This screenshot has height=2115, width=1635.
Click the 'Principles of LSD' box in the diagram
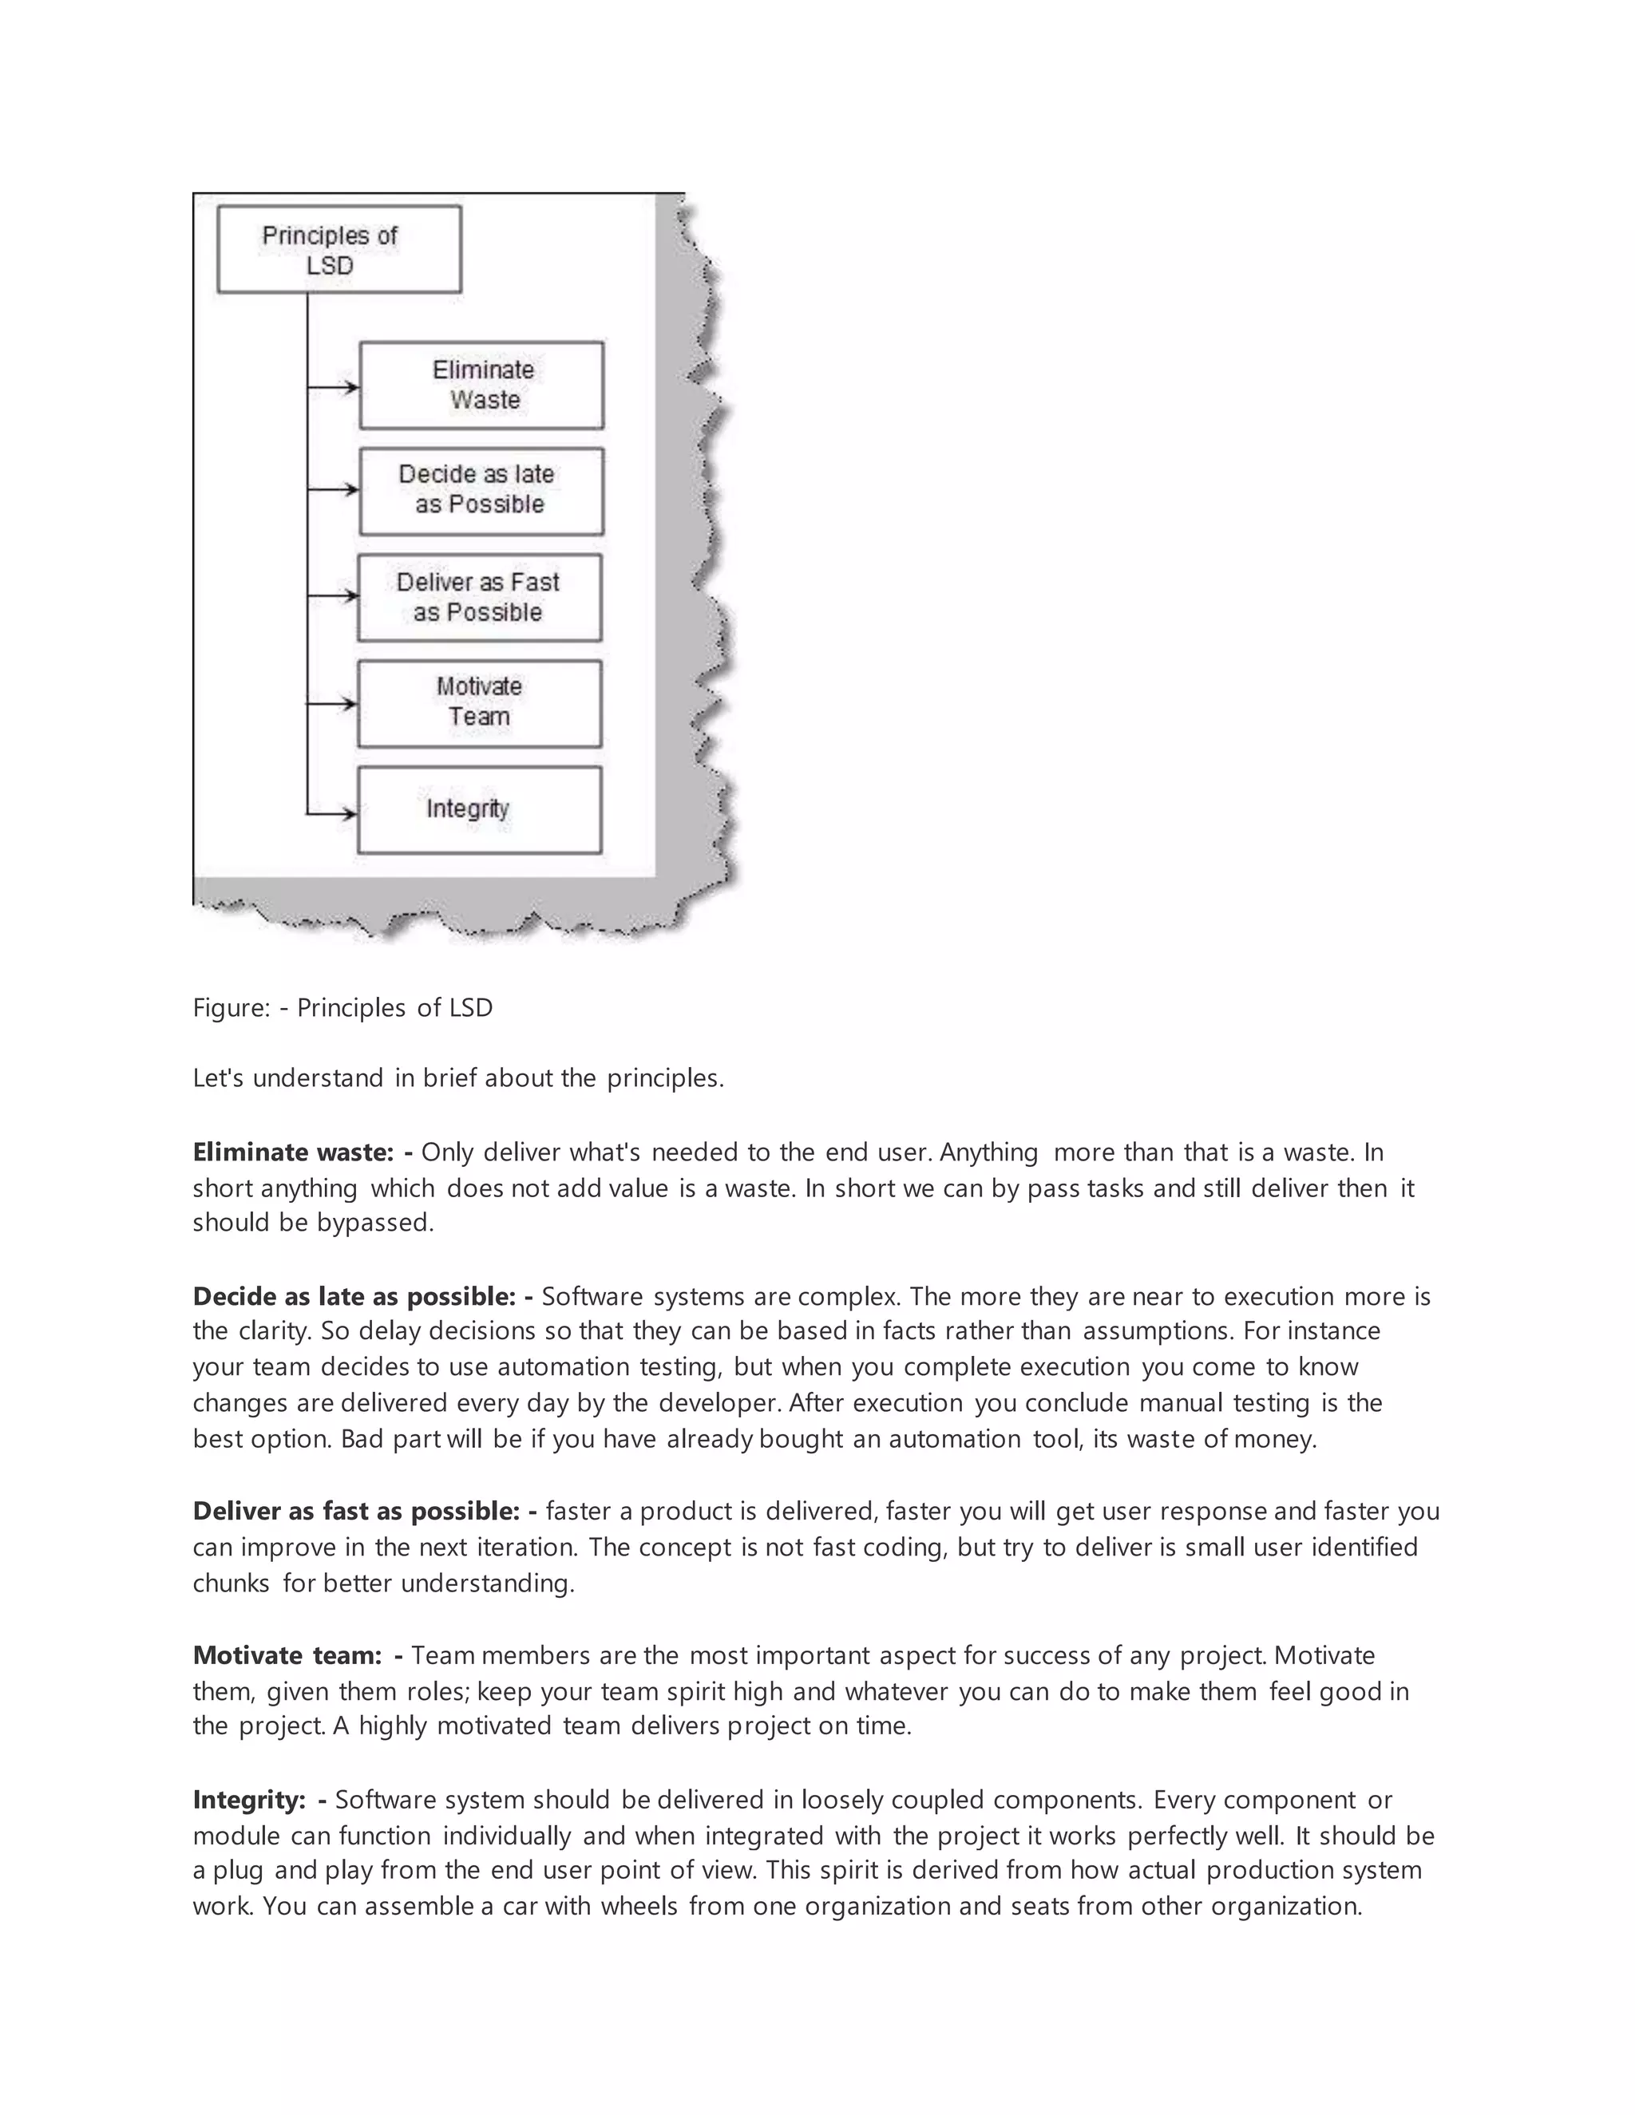(339, 249)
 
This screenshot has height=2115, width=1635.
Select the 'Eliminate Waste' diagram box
(481, 385)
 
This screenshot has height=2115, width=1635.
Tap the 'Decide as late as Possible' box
(481, 490)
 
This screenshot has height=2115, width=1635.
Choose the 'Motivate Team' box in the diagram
(480, 703)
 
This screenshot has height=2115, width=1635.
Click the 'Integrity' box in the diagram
(480, 809)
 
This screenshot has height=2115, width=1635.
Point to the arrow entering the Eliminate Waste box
(335, 387)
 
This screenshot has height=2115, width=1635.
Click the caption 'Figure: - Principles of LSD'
(342, 1008)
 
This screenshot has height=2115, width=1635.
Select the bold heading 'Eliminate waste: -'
(303, 1152)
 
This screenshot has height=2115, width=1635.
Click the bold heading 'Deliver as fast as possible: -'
(364, 1512)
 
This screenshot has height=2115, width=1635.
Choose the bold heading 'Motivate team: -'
(297, 1656)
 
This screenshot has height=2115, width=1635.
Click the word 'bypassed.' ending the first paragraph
(375, 1223)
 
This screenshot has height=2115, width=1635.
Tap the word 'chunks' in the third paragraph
(231, 1583)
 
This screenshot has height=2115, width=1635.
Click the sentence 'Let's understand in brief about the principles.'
(458, 1079)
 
